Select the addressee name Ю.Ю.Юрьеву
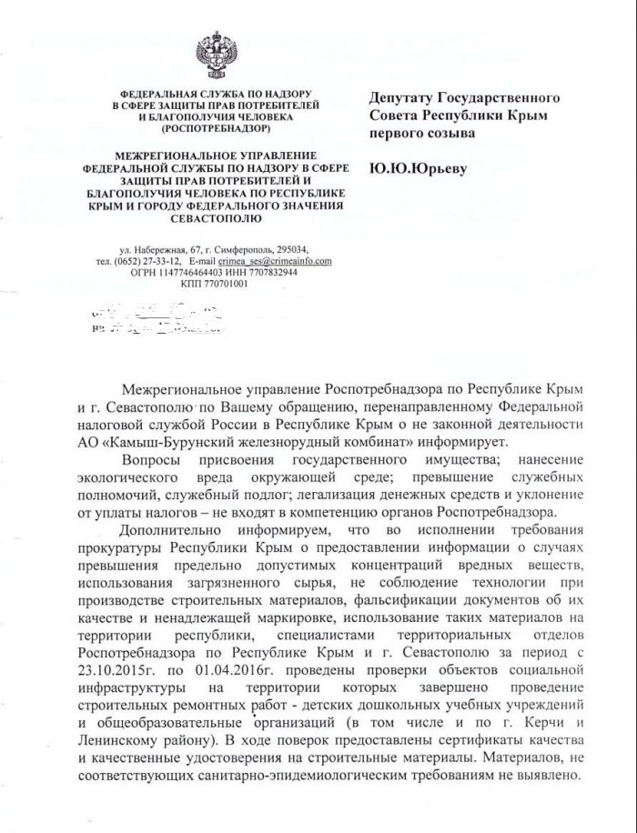coord(417,168)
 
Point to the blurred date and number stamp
coord(157,321)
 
